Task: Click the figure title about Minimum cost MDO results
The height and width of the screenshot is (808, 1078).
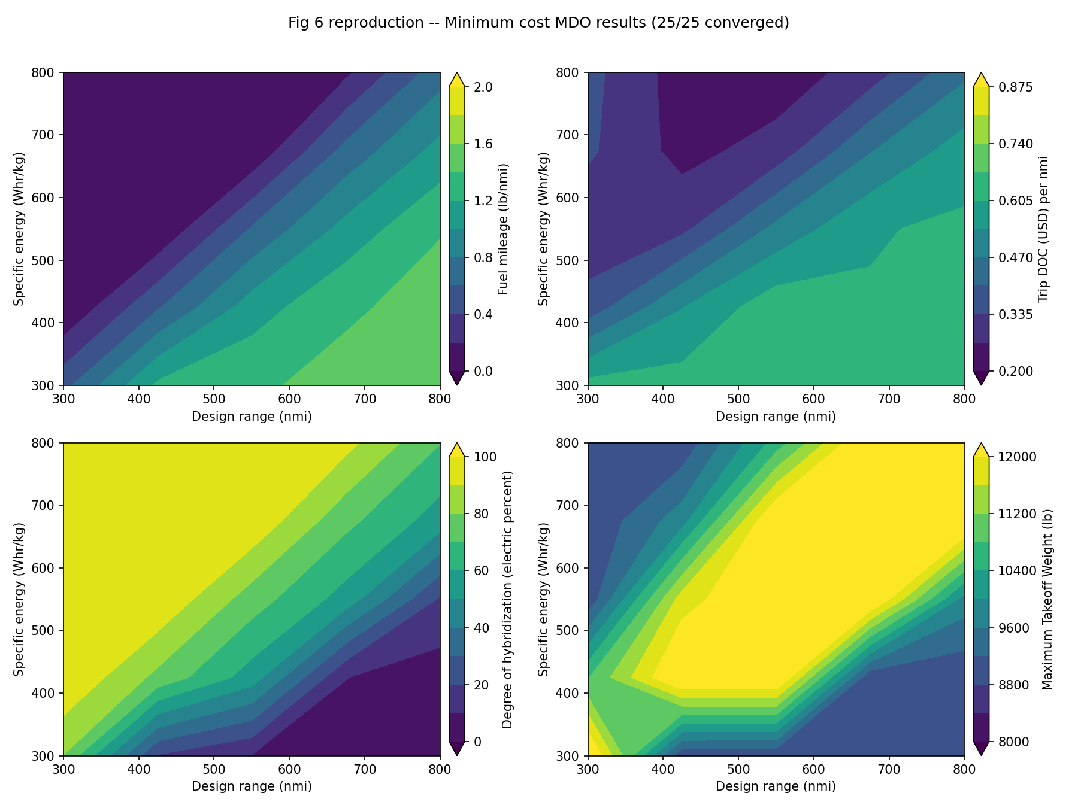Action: (538, 23)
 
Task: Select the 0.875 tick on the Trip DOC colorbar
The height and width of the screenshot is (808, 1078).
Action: (1011, 87)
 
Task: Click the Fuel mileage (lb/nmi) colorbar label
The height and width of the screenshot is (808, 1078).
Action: (503, 229)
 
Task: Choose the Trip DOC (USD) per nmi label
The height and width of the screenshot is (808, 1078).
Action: (1043, 229)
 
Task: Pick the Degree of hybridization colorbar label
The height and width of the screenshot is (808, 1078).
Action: (507, 599)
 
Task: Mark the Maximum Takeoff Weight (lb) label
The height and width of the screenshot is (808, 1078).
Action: (1047, 599)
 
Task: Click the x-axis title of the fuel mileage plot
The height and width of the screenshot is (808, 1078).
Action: (252, 417)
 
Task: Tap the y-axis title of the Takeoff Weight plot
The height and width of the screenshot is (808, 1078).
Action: (543, 599)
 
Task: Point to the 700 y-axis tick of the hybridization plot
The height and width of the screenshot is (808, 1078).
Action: (47, 505)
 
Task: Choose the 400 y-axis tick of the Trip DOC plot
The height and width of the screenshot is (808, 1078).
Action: (571, 323)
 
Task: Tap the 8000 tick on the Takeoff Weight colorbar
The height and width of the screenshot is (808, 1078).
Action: (1009, 742)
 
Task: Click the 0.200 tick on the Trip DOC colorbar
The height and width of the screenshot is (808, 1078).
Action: (1011, 372)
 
